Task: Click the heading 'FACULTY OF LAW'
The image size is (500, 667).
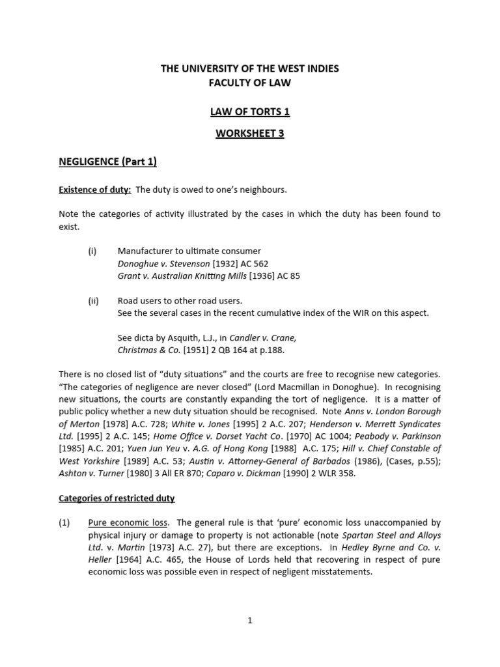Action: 250,83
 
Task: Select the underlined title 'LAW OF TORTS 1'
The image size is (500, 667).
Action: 250,111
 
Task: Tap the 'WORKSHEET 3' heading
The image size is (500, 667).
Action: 250,134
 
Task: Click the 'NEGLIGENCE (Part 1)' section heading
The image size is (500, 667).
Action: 108,162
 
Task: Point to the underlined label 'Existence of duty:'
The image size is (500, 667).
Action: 95,190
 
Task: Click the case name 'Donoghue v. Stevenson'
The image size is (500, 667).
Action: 161,264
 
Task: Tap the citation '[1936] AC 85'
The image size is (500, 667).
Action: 273,276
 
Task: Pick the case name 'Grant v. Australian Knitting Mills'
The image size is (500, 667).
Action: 182,276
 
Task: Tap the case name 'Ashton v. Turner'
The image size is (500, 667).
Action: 90,474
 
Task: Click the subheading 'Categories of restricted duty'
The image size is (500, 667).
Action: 117,498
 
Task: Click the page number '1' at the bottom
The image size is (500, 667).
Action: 250,621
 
